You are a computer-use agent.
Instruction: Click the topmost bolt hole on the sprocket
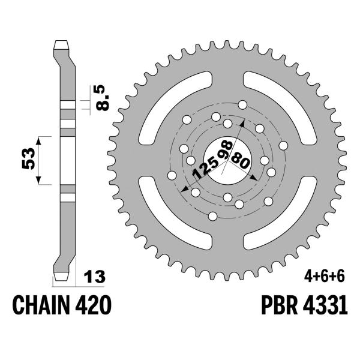pyautogui.click(x=242, y=105)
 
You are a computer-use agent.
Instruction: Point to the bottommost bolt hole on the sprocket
pyautogui.click(x=214, y=217)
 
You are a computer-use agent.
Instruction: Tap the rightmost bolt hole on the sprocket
pyautogui.click(x=283, y=145)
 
